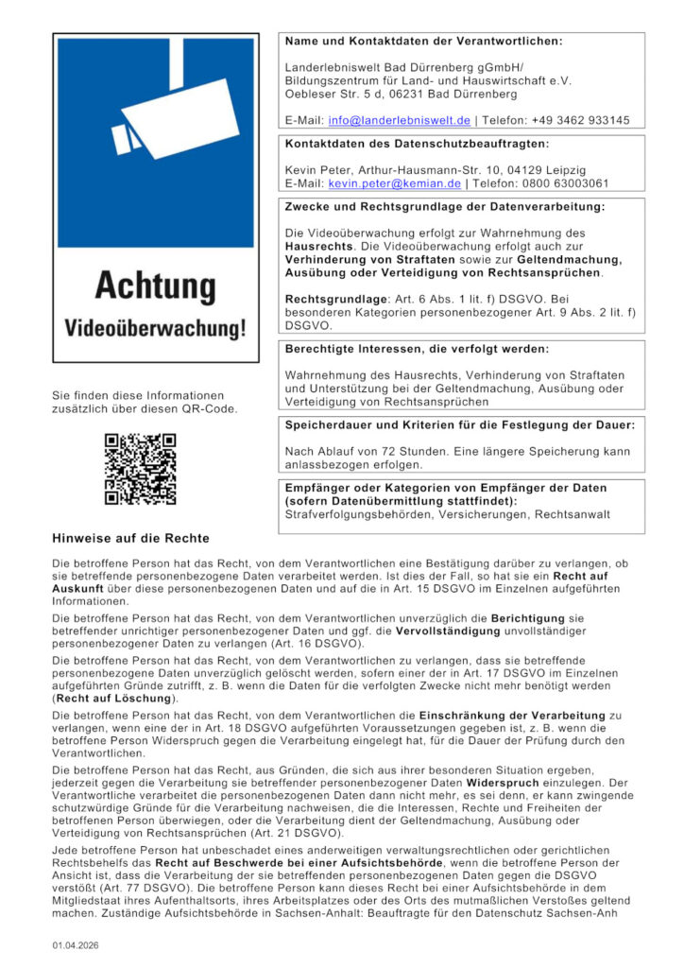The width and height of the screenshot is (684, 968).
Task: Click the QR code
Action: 140,469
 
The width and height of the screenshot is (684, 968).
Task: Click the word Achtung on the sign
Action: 155,285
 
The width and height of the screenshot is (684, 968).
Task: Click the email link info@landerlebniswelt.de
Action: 399,121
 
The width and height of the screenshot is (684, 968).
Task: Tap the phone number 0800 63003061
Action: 567,183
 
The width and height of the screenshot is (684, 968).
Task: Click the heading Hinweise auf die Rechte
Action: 130,539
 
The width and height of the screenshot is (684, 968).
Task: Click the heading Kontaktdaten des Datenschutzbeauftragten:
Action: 417,145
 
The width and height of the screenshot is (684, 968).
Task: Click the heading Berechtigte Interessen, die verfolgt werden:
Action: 416,350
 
